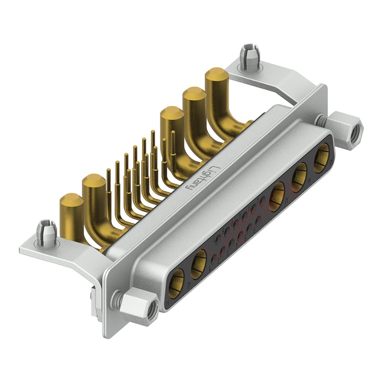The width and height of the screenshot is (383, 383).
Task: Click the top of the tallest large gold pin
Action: (x=216, y=76)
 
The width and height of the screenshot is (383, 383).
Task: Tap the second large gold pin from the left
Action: (x=94, y=183)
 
